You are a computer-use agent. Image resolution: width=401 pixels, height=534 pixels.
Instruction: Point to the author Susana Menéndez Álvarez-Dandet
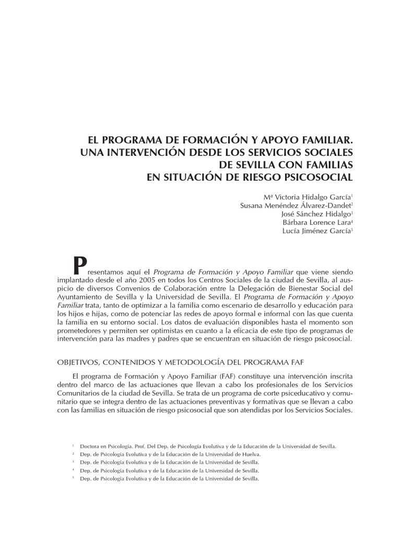pyautogui.click(x=296, y=205)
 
